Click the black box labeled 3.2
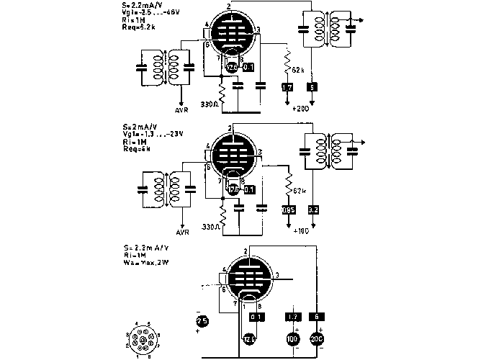point(312,210)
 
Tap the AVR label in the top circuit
point(182,111)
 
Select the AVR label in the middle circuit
point(182,233)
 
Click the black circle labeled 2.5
point(202,322)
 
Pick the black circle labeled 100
point(293,338)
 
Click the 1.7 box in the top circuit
point(287,87)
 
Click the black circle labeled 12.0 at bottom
point(249,338)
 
